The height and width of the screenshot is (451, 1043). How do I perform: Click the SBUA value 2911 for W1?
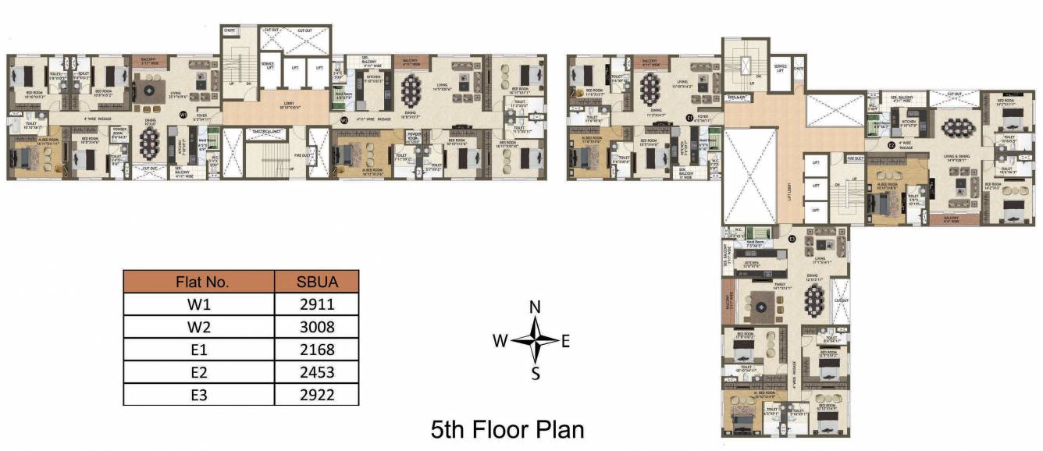[x=316, y=304]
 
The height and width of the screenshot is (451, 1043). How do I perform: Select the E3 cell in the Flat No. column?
[x=198, y=395]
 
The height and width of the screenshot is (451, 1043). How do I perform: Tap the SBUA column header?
[x=316, y=281]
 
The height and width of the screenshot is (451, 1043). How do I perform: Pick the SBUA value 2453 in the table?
[x=316, y=372]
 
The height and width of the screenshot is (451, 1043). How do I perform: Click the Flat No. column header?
[x=198, y=281]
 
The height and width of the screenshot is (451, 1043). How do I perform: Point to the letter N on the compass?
[x=536, y=307]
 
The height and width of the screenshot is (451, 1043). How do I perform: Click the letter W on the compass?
[x=500, y=340]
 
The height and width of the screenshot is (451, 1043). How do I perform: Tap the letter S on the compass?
[x=536, y=373]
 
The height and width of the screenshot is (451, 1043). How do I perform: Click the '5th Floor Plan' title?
[x=507, y=429]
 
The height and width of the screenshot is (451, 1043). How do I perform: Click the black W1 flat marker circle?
[x=183, y=115]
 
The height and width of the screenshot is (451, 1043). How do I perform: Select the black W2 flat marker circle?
[x=344, y=120]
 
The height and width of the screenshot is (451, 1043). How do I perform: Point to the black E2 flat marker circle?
[x=892, y=144]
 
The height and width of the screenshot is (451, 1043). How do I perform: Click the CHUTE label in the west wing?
[x=230, y=30]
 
